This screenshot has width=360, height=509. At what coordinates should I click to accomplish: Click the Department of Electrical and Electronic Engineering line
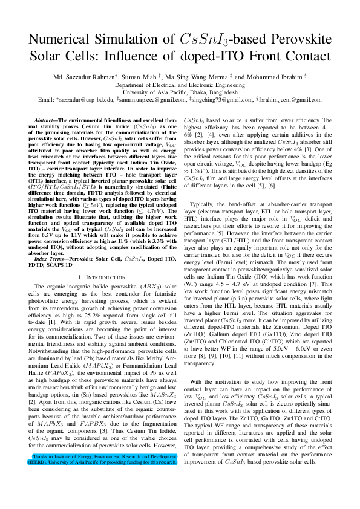[180, 85]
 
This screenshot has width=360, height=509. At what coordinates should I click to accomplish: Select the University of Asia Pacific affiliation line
[180, 92]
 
